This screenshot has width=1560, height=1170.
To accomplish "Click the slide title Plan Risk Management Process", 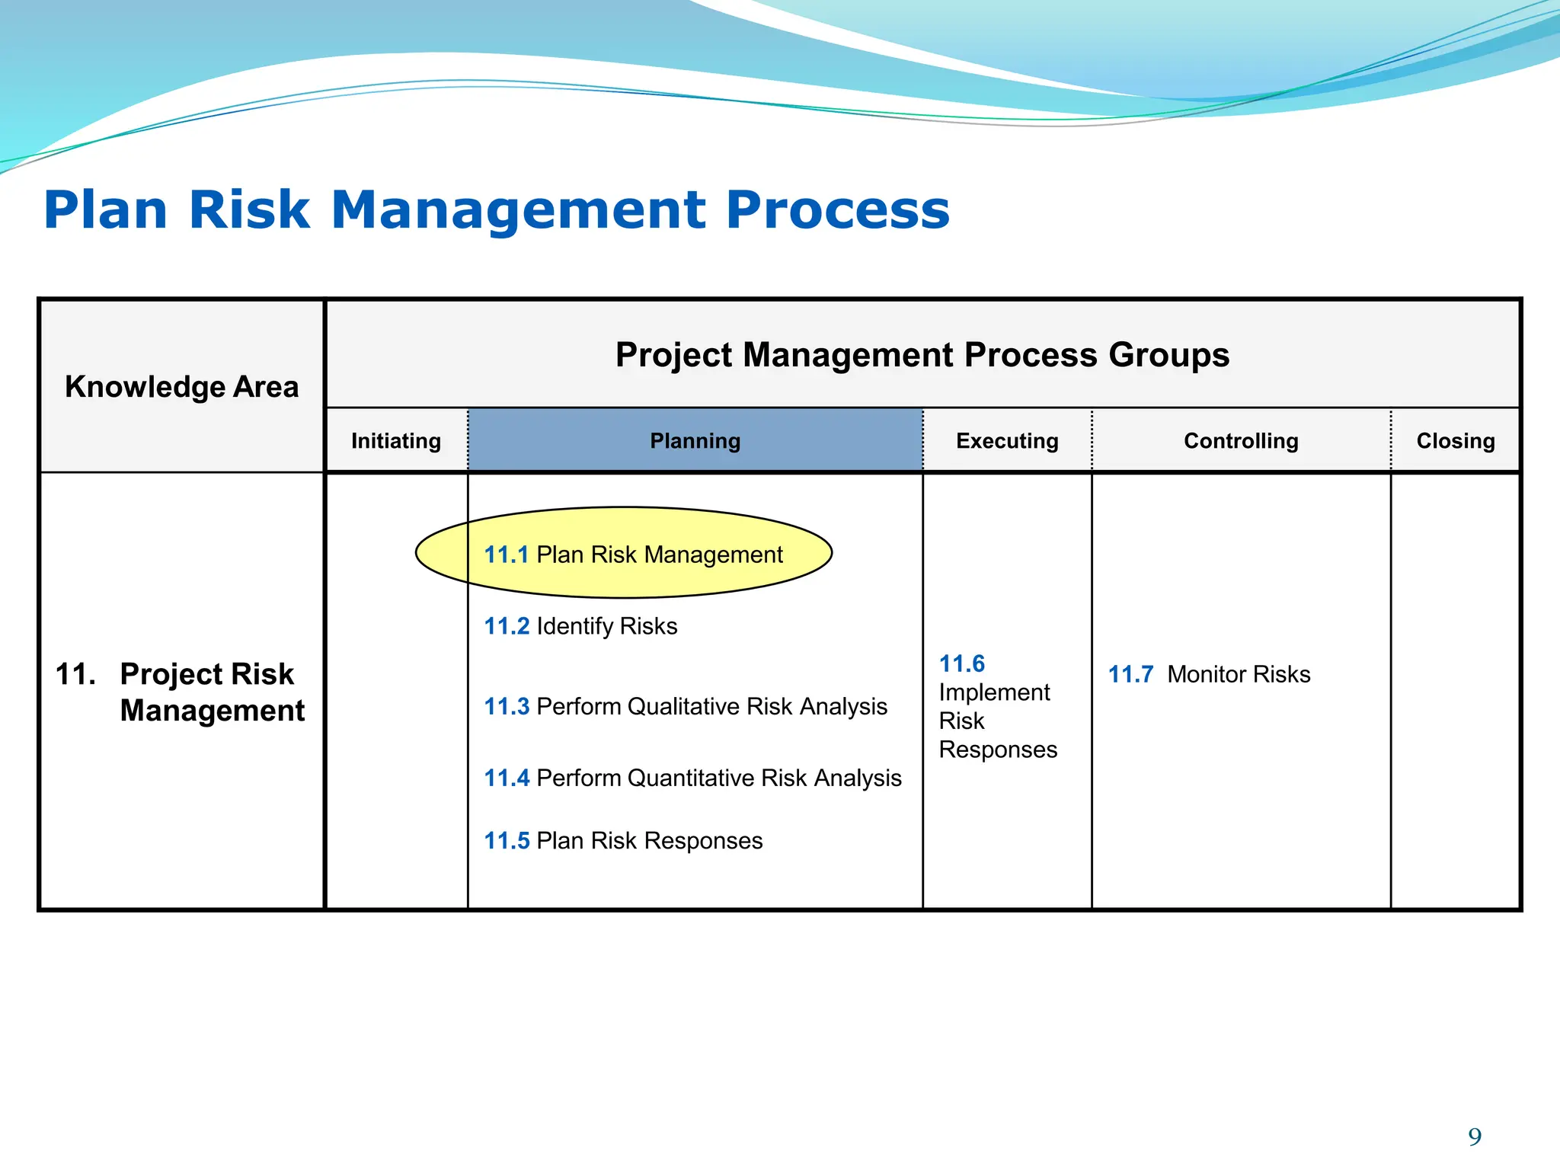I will [x=497, y=209].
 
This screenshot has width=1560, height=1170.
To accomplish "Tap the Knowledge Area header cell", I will [x=181, y=386].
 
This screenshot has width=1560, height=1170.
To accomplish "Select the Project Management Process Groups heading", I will [x=922, y=354].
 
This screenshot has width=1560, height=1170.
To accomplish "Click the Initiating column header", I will [x=396, y=440].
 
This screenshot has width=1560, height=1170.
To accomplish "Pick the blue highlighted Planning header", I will [x=695, y=440].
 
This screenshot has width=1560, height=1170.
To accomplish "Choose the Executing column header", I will [x=1007, y=440].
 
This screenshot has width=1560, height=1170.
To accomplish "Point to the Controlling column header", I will [x=1241, y=440].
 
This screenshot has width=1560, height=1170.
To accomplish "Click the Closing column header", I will [x=1455, y=440].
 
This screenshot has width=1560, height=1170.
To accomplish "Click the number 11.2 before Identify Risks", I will [x=507, y=626].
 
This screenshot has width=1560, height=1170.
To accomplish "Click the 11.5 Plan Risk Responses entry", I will [x=623, y=840].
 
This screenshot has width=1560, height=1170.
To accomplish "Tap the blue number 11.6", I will [x=961, y=663].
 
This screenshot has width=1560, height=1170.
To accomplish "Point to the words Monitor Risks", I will [x=1239, y=674].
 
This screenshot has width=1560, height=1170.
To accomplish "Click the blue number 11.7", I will [x=1130, y=674].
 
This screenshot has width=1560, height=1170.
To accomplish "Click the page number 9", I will [x=1475, y=1136].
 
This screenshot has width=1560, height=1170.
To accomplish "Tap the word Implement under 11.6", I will [x=993, y=692].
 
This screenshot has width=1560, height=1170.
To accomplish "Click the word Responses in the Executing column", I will [x=998, y=750].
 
